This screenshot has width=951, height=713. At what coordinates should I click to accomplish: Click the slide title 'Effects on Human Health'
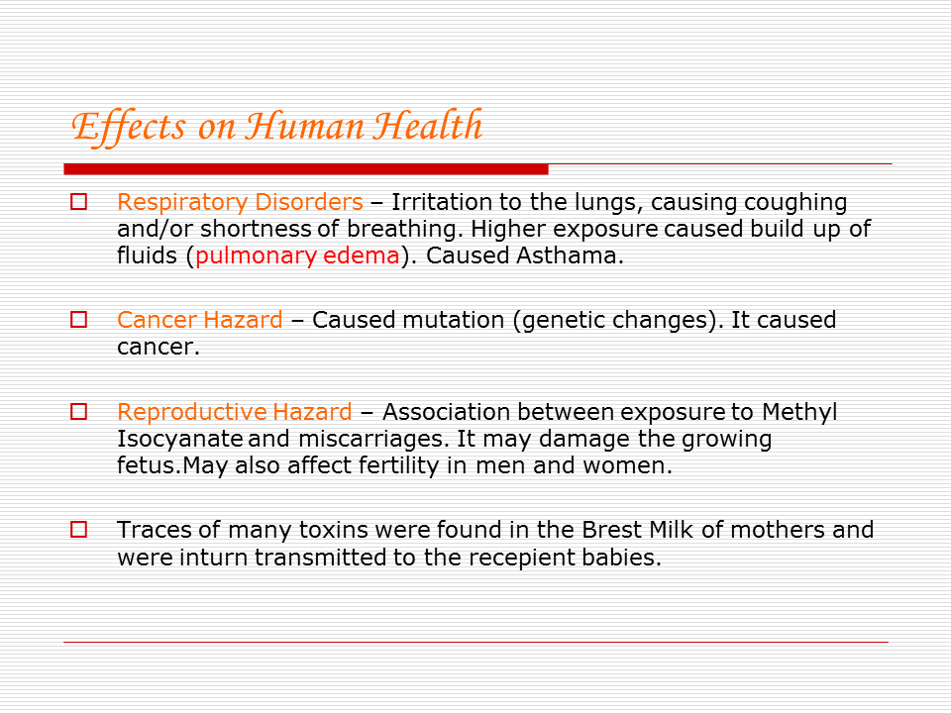tap(276, 127)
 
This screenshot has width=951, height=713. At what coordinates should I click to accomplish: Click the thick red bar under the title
tap(305, 168)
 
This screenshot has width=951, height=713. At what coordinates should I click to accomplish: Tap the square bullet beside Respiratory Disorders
tap(78, 202)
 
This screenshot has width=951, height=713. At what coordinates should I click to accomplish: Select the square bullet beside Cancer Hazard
tap(78, 320)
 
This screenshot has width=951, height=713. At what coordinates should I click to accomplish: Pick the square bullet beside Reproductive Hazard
tap(78, 411)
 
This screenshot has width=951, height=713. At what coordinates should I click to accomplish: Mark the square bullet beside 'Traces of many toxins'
tap(78, 529)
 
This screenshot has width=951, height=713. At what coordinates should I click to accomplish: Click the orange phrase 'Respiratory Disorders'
tap(240, 203)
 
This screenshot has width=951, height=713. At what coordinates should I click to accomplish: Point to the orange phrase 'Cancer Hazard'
tap(199, 321)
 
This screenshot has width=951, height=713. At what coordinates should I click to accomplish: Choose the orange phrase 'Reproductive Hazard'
tap(234, 412)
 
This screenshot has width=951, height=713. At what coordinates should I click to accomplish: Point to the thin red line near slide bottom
tap(475, 642)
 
